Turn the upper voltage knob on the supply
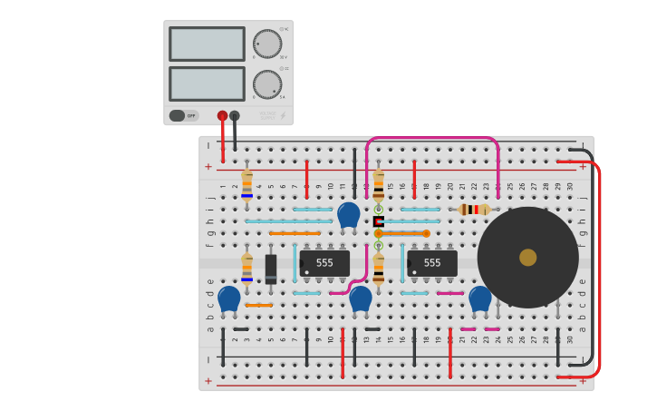(x=266, y=44)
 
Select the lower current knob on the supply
(x=266, y=84)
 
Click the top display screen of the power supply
(x=207, y=44)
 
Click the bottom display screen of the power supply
(x=207, y=83)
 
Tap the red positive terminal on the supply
(x=222, y=115)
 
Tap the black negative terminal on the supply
(x=235, y=115)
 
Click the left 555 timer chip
(x=324, y=263)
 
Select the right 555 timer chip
(x=431, y=263)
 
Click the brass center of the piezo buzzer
(x=527, y=258)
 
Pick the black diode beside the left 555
(x=271, y=269)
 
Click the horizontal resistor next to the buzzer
(x=474, y=210)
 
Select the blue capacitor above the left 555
(x=348, y=215)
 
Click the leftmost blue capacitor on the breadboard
(x=229, y=298)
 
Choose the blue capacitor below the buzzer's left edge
(x=479, y=298)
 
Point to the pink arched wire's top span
(x=432, y=138)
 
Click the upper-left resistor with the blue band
(x=246, y=184)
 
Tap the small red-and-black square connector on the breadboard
(x=378, y=221)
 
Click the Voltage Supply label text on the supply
(x=268, y=116)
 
